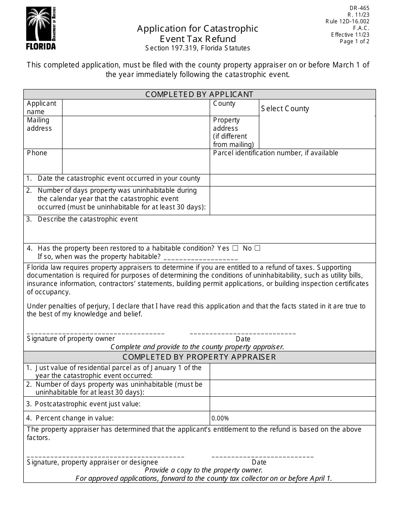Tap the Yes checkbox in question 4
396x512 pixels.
pos(236,248)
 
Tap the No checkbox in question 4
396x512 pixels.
pos(257,248)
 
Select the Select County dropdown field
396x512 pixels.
pos(317,109)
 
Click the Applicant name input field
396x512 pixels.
pos(136,107)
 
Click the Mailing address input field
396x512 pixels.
pos(136,132)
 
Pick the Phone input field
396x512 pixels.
pos(136,161)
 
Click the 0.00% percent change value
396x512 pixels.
pos(220,418)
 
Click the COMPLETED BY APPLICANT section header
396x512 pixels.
pos(199,94)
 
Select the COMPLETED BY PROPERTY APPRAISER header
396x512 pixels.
pos(199,357)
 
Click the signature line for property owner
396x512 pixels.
pos(95,333)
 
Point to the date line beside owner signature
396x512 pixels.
pos(243,333)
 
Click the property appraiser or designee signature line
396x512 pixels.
pos(105,456)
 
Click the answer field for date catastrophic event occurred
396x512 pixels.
pos(292,180)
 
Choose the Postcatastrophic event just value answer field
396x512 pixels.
pos(292,404)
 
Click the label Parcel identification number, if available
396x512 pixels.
pos(276,153)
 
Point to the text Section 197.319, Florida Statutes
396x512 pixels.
pos(198,48)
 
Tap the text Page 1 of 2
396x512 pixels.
pos(354,41)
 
